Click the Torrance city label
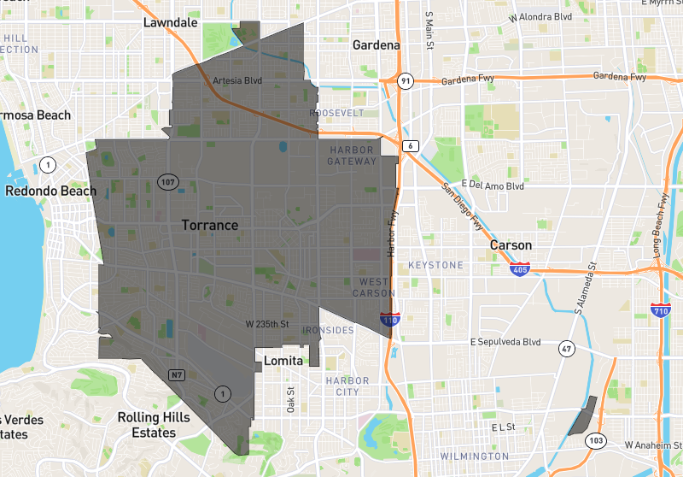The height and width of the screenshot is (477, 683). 209,225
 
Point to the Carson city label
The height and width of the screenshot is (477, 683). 511,245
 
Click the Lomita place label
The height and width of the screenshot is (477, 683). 283,361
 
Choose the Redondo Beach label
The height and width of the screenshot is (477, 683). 50,191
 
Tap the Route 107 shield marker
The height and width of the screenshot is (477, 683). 166,181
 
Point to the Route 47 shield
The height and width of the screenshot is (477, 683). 566,348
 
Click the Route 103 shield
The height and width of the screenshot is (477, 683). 596,440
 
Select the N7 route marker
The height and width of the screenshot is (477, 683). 177,374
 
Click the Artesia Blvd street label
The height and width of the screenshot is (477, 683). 236,81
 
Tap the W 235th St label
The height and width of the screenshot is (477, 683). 267,325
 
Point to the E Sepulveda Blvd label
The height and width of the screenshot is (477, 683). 506,342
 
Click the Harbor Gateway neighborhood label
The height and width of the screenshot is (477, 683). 352,156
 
